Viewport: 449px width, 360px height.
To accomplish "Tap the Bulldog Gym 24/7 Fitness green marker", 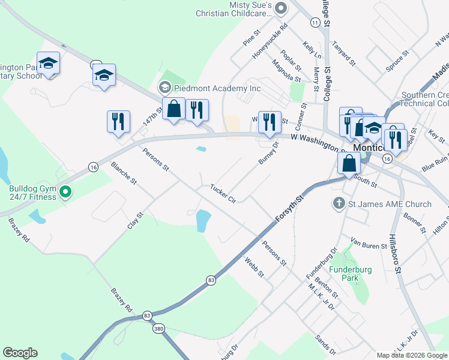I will click(67, 193).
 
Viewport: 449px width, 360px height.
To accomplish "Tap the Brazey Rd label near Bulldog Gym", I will click(19, 229).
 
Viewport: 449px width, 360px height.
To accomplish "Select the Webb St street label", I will click(255, 266).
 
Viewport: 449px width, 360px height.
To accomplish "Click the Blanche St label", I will click(124, 172).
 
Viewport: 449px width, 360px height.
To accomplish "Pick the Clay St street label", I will click(136, 220).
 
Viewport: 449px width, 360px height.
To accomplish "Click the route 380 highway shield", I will click(158, 328).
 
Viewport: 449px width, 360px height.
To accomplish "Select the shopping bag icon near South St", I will click(349, 163).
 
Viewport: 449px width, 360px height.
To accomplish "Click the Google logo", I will click(20, 353).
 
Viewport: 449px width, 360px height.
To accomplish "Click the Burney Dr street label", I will click(268, 152).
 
